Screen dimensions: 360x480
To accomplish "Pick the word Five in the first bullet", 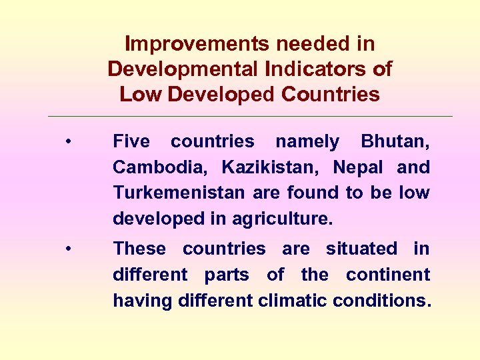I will tap(131, 141).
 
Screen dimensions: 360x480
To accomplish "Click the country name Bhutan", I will tap(395, 141).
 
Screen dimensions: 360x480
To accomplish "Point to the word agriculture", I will tap(283, 219).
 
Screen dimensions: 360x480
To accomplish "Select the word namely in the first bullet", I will tap(307, 141).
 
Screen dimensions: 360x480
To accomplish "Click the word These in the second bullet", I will tap(139, 249).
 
